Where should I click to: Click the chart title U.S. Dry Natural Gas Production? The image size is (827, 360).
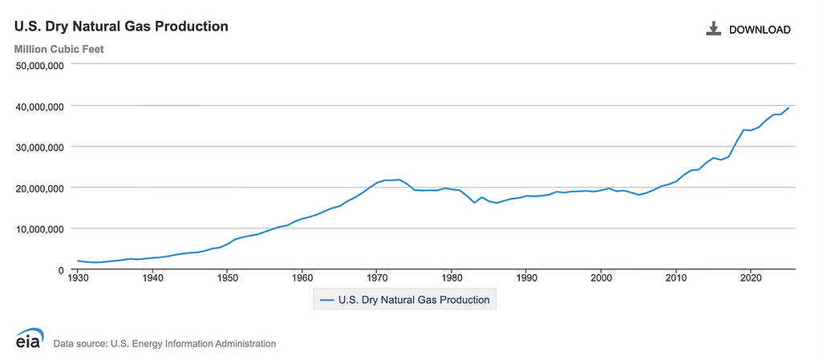click(x=121, y=26)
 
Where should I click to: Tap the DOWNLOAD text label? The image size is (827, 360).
click(x=760, y=30)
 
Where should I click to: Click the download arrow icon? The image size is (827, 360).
click(x=713, y=29)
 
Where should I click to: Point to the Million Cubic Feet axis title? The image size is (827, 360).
click(x=59, y=50)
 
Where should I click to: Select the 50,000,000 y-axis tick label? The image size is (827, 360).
click(x=39, y=66)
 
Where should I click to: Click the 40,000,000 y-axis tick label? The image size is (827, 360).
click(x=39, y=107)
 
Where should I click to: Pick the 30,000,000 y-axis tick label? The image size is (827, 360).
click(x=39, y=147)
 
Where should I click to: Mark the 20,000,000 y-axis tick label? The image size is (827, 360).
click(x=39, y=188)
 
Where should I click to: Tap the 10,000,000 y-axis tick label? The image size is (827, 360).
click(x=39, y=229)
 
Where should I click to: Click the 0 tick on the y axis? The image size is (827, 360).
click(x=61, y=270)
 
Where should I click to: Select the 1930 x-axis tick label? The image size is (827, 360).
click(x=78, y=277)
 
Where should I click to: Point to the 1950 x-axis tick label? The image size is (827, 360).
click(x=227, y=277)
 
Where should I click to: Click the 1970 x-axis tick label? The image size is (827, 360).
click(x=376, y=277)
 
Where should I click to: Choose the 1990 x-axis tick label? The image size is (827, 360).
click(x=526, y=277)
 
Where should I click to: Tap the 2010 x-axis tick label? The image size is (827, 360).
click(x=675, y=277)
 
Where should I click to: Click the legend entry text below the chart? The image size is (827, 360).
click(x=414, y=300)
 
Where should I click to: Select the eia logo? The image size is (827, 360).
click(x=30, y=338)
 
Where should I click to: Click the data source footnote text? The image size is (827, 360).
click(x=164, y=344)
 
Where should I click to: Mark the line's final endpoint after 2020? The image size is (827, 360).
click(x=788, y=107)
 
